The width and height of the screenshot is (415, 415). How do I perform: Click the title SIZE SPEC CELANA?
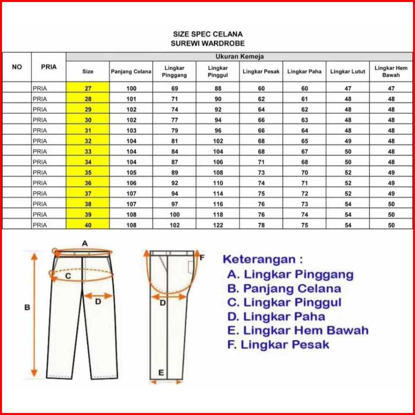click(207, 35)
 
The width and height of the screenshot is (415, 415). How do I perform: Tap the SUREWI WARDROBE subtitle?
click(207, 43)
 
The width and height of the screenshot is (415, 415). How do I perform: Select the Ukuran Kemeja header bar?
click(239, 57)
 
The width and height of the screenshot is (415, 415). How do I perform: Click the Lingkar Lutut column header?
click(348, 72)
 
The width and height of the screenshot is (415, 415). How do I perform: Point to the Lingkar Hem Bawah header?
click(391, 72)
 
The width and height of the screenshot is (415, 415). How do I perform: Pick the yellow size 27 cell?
click(88, 89)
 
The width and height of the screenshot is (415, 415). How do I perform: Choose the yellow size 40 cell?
click(88, 225)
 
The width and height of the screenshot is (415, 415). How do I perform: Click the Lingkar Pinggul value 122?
click(218, 225)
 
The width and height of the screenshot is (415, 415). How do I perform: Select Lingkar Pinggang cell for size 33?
click(175, 152)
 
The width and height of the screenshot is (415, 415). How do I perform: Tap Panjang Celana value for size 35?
click(131, 173)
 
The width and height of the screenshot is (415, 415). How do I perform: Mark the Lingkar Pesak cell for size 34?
click(261, 162)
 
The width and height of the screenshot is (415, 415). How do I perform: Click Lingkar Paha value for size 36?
click(305, 183)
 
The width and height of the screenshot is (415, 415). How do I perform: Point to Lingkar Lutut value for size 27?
click(348, 89)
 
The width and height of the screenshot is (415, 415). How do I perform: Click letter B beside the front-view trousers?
click(27, 308)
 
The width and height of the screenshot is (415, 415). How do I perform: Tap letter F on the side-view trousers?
click(202, 257)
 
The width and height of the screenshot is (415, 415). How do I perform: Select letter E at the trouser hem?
click(161, 373)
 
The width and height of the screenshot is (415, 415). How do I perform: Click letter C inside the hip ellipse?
click(68, 276)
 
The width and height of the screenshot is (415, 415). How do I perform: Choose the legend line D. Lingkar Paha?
click(276, 317)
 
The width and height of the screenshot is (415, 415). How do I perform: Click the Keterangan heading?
click(263, 259)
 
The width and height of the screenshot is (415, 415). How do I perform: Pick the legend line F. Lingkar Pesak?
click(278, 344)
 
